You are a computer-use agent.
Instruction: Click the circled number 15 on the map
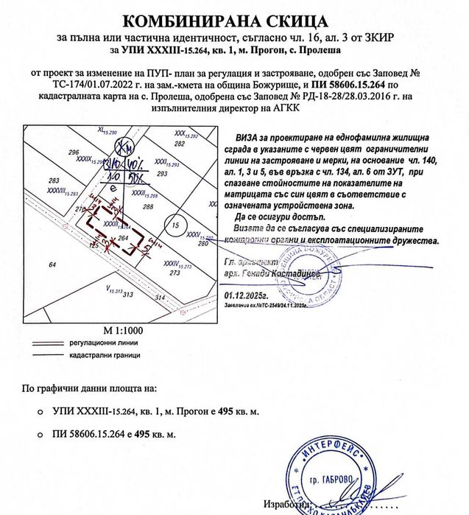[x=173, y=224]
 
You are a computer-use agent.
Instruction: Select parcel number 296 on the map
[x=73, y=152]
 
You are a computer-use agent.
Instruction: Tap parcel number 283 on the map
[x=53, y=180]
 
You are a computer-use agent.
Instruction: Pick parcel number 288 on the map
[x=147, y=207]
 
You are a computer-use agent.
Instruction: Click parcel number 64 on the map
[x=52, y=264]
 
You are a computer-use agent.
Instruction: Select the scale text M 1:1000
[x=121, y=329]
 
